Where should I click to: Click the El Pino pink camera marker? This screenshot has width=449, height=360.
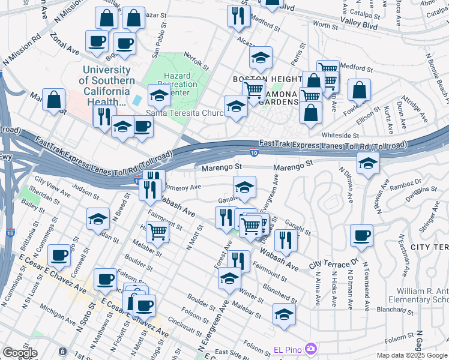(x=310, y=348)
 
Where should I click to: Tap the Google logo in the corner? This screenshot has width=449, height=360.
(x=20, y=353)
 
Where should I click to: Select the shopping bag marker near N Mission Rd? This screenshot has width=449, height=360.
(x=54, y=100)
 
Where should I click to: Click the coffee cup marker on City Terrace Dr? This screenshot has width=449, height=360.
(x=361, y=236)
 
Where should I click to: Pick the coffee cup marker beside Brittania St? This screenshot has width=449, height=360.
(x=59, y=255)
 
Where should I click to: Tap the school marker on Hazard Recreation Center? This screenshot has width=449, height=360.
(x=159, y=94)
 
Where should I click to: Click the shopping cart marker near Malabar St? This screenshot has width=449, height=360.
(x=157, y=230)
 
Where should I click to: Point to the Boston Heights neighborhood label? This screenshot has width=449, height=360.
(x=267, y=79)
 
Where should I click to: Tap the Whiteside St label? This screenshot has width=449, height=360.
(x=340, y=136)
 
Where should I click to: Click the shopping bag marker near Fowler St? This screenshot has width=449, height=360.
(x=359, y=90)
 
